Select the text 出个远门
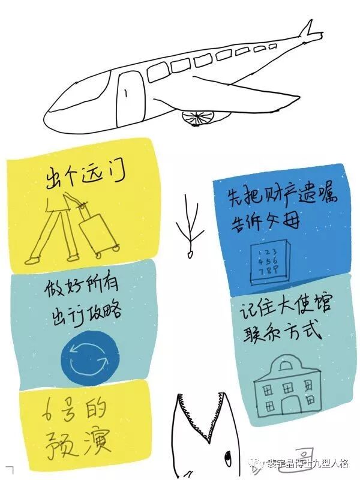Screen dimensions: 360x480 [x=87, y=176]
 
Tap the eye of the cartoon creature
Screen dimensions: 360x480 [x=228, y=459]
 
